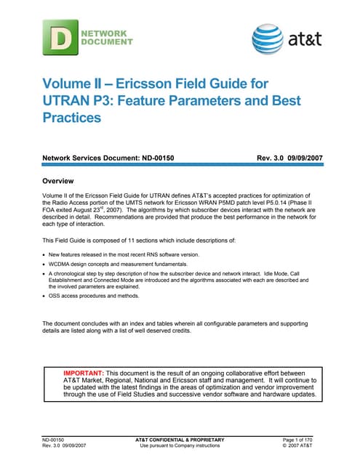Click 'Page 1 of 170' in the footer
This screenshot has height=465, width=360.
click(299, 440)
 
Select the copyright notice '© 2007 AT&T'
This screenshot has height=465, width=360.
click(301, 446)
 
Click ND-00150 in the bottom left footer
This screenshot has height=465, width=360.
click(55, 440)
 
